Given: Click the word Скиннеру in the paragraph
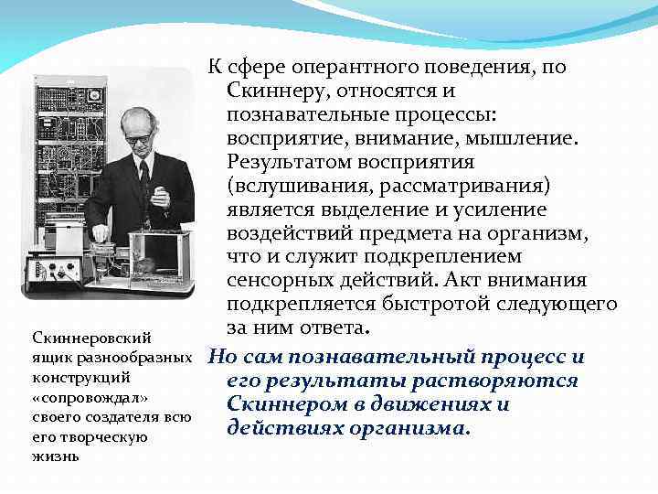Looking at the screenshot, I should (x=279, y=91).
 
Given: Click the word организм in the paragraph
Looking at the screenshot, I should (x=536, y=234).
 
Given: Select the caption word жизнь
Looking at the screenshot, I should (x=53, y=455).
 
